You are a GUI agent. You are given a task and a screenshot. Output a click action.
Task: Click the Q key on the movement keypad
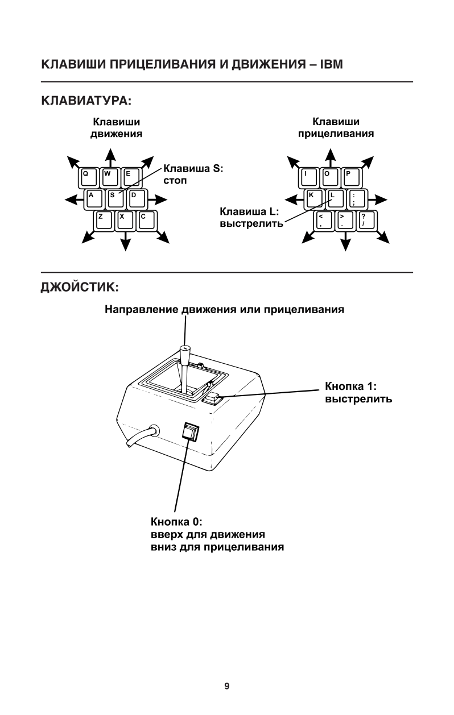coord(88,177)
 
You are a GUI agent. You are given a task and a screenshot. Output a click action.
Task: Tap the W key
coord(109,177)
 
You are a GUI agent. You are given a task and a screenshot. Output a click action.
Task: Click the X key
coord(125,220)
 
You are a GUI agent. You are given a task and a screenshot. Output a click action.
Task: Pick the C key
coord(146,220)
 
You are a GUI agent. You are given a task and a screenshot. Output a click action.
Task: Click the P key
coord(352,177)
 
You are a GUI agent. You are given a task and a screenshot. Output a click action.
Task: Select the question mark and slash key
coord(367,220)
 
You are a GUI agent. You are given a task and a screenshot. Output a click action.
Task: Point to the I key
coord(308,177)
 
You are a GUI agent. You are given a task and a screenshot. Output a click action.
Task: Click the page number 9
coord(227,686)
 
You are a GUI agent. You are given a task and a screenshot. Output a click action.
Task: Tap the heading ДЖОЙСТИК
coord(79,287)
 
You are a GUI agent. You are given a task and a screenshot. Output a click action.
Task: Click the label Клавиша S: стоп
coord(193,174)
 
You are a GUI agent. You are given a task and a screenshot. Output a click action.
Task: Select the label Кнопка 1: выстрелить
coord(358,393)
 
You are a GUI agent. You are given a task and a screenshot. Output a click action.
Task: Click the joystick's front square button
coord(191,433)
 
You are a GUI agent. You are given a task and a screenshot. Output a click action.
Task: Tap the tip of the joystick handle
coord(184,348)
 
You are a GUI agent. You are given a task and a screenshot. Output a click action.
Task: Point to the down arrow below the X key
coord(125,243)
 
